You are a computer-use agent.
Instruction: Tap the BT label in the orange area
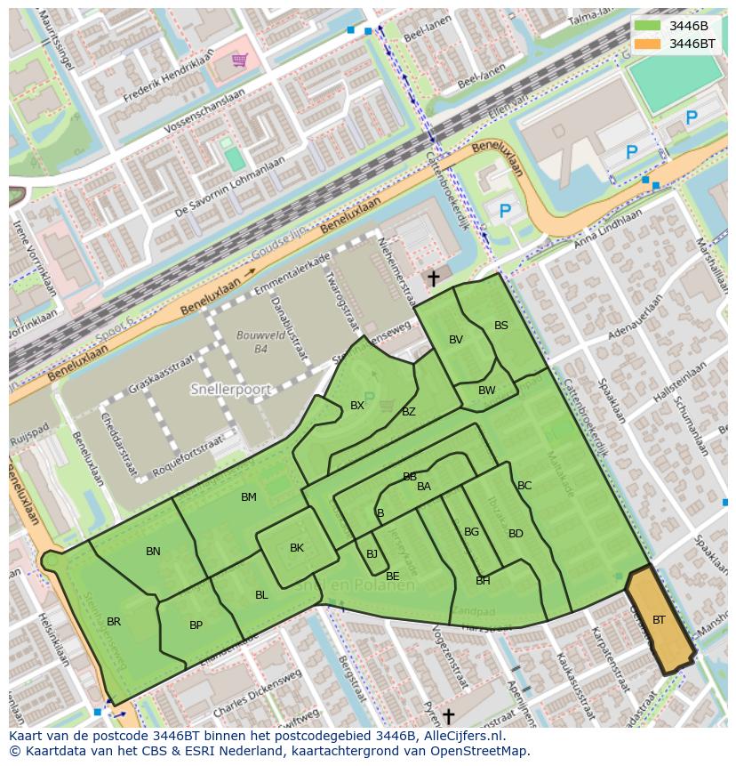[x=659, y=619]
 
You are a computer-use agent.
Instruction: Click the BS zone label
[x=501, y=326]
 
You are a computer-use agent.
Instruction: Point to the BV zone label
[x=456, y=340]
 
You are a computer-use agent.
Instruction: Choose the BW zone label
[x=486, y=391]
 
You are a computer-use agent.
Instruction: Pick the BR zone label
[x=114, y=622]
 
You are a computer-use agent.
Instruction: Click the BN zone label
[x=153, y=552]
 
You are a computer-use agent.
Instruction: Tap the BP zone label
[x=196, y=625]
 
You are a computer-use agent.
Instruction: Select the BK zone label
[x=297, y=548]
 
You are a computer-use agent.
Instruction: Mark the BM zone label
[x=249, y=497]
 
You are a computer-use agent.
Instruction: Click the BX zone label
[x=357, y=406]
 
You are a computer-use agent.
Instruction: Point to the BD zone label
[x=516, y=534]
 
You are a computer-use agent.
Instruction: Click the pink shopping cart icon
[x=239, y=60]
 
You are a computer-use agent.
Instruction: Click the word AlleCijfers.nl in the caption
[x=462, y=736]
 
